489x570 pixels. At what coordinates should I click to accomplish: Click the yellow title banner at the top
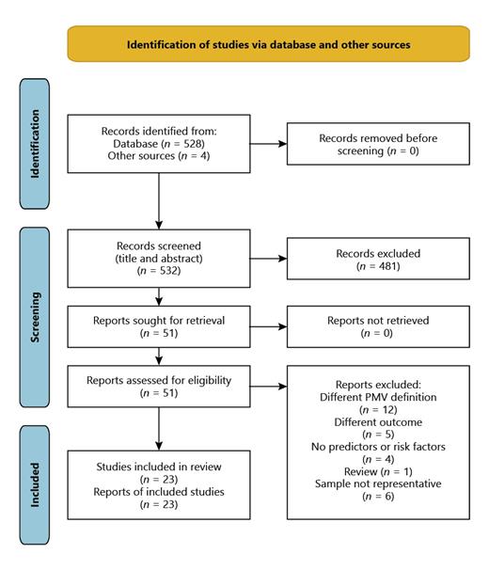pyautogui.click(x=268, y=44)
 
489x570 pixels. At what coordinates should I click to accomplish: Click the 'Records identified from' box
pyautogui.click(x=158, y=144)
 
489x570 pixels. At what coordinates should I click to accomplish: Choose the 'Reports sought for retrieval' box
pyautogui.click(x=158, y=325)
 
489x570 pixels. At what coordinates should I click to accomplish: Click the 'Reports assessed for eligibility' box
pyautogui.click(x=158, y=388)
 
